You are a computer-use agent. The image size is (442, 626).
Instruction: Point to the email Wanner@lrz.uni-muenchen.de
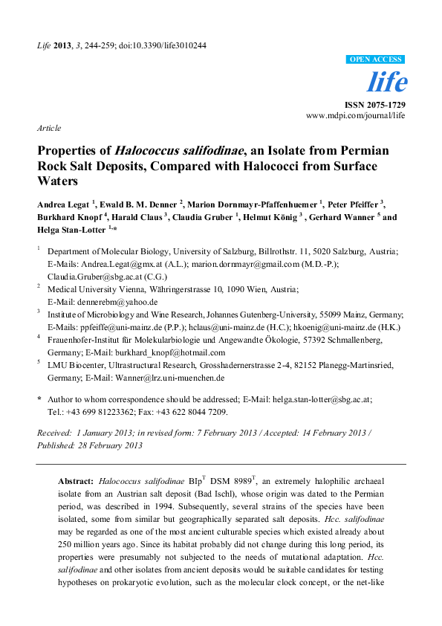(x=181, y=378)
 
